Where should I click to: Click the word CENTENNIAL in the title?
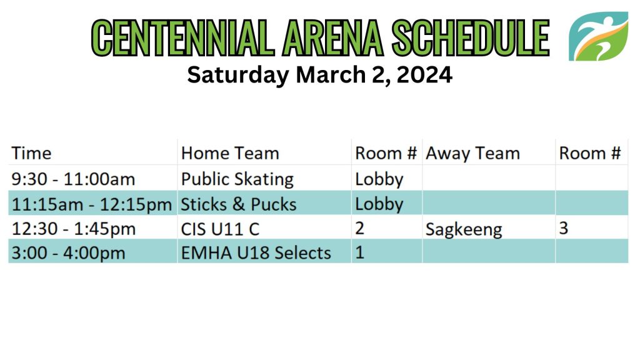coord(183,37)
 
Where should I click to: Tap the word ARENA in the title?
coord(333,37)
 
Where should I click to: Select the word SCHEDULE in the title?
coord(471,37)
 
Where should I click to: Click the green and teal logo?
coord(598,36)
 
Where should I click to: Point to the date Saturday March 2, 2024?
coord(319,75)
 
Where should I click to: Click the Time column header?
coord(31,154)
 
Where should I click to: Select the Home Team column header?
coord(230,154)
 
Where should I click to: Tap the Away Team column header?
coord(472,154)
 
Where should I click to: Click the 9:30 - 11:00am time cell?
coord(73,179)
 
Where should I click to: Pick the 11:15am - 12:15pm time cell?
coord(91,204)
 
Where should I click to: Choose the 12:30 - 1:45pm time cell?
coord(74,229)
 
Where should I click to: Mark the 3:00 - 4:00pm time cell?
coord(68,252)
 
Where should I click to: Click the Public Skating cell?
coord(237,179)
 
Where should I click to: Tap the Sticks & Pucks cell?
coord(238,204)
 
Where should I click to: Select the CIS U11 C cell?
coord(220,229)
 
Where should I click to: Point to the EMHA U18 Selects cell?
coord(256,252)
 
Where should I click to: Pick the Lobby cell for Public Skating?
coord(379,179)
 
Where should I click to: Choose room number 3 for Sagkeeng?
coord(563,228)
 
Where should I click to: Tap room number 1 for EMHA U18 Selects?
coord(359,252)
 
